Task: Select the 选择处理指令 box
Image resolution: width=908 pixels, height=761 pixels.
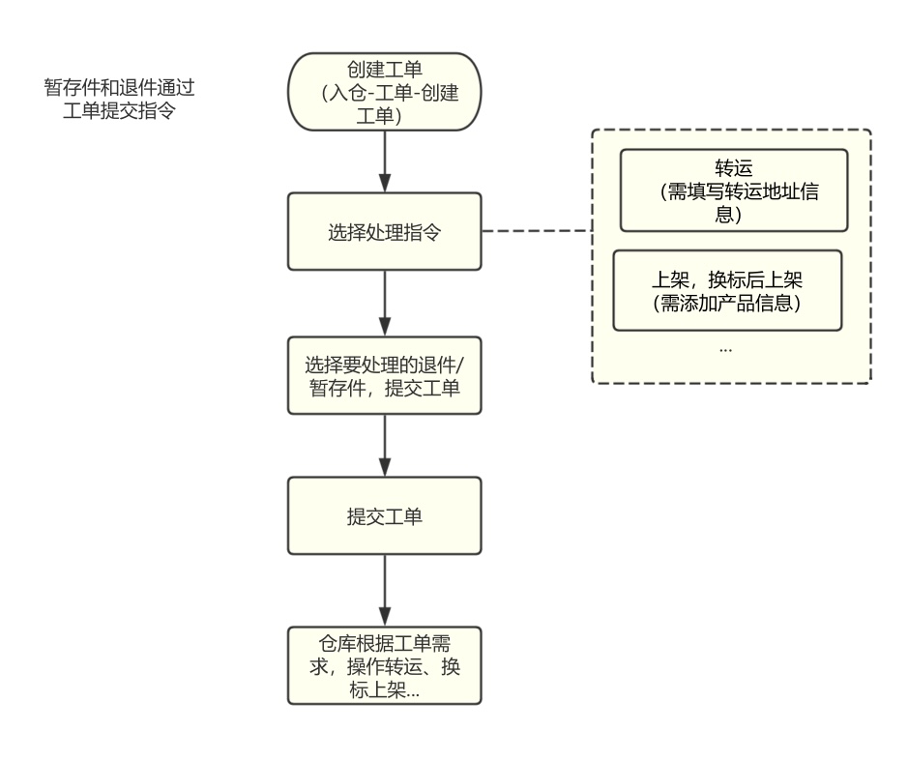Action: pyautogui.click(x=385, y=232)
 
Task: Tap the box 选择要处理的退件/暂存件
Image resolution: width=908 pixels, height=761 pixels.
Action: pyautogui.click(x=385, y=376)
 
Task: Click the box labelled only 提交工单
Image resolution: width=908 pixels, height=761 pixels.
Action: pyautogui.click(x=385, y=515)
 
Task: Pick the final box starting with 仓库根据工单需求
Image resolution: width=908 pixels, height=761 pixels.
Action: pyautogui.click(x=385, y=666)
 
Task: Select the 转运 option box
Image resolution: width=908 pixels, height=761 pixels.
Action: pyautogui.click(x=733, y=190)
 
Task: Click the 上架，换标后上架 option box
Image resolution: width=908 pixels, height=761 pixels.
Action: pyautogui.click(x=727, y=289)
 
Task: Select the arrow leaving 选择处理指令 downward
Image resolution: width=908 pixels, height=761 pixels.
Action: pyautogui.click(x=385, y=303)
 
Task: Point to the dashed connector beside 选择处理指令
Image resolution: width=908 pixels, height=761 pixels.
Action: pyautogui.click(x=536, y=232)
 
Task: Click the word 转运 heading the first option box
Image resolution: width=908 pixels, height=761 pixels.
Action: pyautogui.click(x=733, y=167)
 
